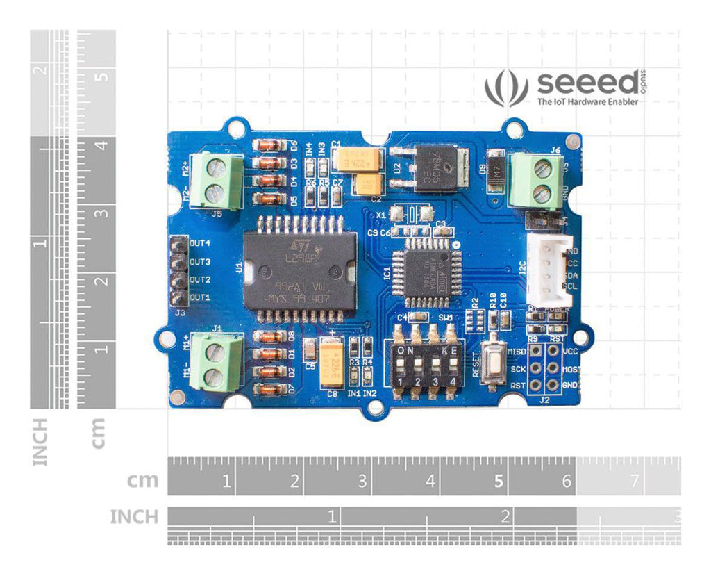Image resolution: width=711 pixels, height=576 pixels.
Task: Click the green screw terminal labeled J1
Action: (217, 361)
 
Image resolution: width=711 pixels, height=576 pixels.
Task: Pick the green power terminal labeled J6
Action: (535, 180)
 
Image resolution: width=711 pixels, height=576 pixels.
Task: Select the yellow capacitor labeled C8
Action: (332, 365)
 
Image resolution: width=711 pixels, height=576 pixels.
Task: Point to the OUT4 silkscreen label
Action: (200, 244)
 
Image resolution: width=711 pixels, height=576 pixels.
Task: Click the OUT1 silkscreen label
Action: (200, 297)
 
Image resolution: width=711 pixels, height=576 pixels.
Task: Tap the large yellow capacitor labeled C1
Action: (358, 159)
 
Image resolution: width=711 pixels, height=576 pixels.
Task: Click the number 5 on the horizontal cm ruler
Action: (499, 480)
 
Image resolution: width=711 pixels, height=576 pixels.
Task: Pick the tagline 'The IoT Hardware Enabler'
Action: (587, 102)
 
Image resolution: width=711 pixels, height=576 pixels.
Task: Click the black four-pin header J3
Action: (178, 271)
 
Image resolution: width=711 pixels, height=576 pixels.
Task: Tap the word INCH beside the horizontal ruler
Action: (133, 516)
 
